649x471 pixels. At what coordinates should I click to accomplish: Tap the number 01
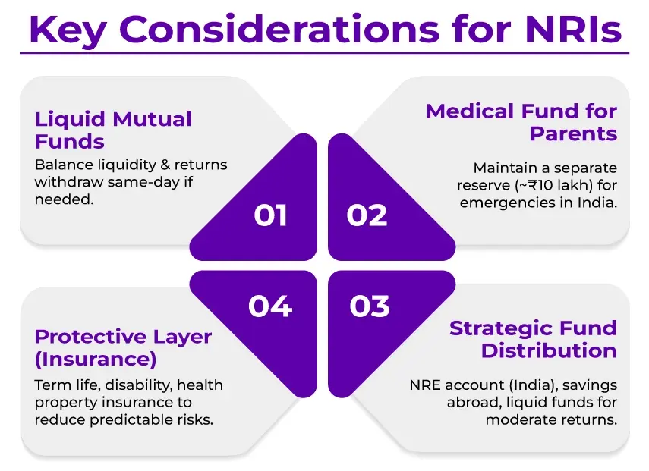click(270, 215)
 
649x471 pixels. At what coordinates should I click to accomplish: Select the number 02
click(367, 215)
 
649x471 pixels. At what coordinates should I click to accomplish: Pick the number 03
click(370, 306)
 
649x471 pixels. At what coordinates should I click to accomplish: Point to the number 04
click(269, 306)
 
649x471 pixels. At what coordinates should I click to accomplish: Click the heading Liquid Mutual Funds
click(113, 130)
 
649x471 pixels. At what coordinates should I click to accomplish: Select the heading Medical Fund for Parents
click(521, 123)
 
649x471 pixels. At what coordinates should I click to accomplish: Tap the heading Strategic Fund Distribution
click(534, 340)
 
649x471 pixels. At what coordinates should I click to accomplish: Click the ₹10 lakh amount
click(533, 184)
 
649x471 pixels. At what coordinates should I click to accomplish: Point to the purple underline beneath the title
click(324, 53)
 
